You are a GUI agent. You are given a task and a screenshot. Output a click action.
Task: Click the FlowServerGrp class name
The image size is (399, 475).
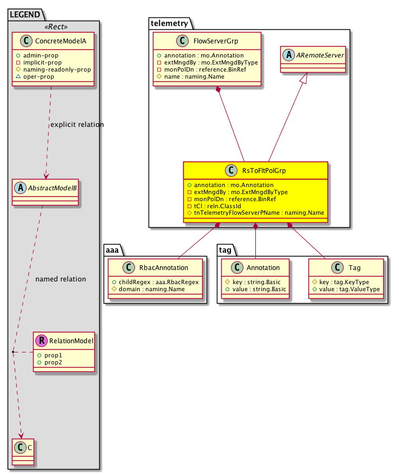(216, 42)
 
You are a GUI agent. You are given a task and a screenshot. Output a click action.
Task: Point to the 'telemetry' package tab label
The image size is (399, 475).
(169, 23)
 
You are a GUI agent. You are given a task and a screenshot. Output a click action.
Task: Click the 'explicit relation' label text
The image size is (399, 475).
(76, 125)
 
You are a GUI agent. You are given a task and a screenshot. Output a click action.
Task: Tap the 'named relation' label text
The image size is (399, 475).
(60, 279)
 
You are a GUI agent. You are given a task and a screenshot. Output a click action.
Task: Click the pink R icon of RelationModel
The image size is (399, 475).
(42, 341)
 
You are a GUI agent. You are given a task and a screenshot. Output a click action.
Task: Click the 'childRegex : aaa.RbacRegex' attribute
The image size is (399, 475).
(155, 281)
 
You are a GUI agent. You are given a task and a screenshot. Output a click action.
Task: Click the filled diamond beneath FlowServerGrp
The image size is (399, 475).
(218, 90)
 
